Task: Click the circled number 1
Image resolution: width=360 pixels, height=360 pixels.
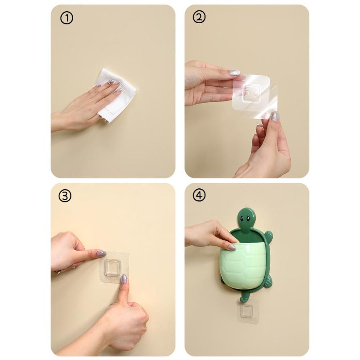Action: (66, 18)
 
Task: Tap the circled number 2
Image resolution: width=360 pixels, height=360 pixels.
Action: (199, 17)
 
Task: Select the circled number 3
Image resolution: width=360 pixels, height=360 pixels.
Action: (65, 196)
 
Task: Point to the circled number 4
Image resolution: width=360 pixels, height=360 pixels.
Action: (199, 195)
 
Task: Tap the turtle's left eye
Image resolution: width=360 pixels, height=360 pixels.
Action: (242, 218)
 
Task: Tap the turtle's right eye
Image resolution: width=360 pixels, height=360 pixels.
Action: (248, 218)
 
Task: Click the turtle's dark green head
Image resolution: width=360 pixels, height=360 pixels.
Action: (246, 218)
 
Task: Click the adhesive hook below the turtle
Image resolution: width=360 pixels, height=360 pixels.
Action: (248, 311)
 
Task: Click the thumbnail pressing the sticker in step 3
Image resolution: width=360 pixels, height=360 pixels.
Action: (124, 278)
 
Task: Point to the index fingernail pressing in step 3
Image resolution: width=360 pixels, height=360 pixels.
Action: (101, 254)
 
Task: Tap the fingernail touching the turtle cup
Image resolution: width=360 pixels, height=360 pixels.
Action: (232, 247)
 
